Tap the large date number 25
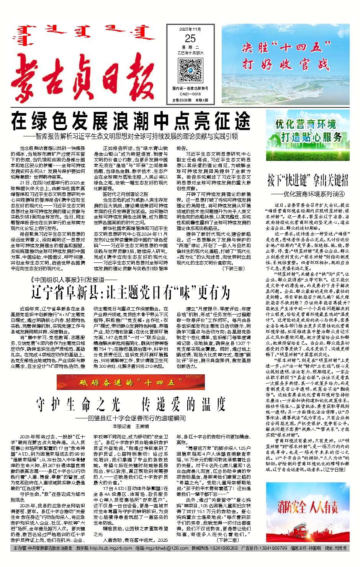pos(190,39)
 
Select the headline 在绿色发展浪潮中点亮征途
pos(131,121)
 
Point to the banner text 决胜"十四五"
pos(286,48)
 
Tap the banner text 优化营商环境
pos(306,124)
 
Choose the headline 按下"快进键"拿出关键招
pos(308,179)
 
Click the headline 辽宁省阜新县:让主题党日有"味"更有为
pos(131,293)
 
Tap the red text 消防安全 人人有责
pos(308,507)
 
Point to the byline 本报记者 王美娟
pos(131,426)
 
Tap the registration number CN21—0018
pos(190,94)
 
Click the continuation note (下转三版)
pos(234,269)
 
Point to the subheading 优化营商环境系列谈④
pos(314,194)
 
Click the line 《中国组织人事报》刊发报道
pos(68,280)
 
